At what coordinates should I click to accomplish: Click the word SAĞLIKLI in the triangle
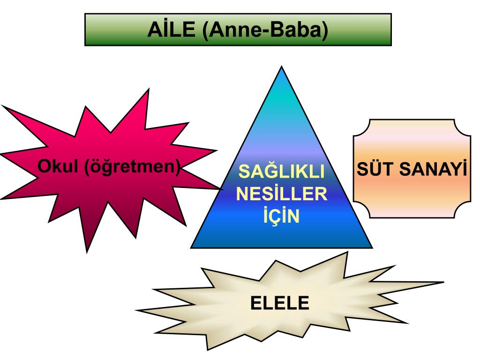tap(281, 172)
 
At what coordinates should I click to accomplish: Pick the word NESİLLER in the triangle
tap(281, 194)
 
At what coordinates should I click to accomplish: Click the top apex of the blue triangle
tap(281, 67)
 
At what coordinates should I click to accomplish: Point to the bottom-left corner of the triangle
tap(191, 247)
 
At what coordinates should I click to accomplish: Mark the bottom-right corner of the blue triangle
tap(373, 247)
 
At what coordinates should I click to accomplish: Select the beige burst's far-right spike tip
tap(443, 282)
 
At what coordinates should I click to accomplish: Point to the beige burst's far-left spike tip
tap(135, 310)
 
